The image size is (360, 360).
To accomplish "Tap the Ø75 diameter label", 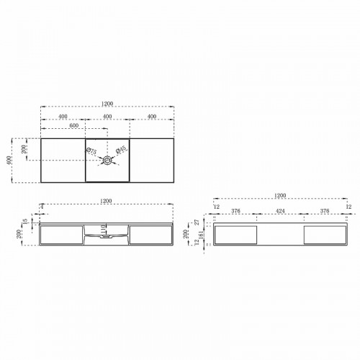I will coord(91,150).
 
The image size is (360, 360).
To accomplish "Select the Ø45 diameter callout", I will coord(122,150).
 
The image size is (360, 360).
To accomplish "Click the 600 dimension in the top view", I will coord(73,127).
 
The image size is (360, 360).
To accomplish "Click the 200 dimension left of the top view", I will coord(26,149).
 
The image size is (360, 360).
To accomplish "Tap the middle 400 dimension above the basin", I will coord(107,117).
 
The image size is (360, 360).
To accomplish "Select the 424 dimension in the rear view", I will coord(281,212).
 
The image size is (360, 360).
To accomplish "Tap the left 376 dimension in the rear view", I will coord(235,212).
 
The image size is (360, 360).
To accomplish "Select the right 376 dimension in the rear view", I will coord(325,212).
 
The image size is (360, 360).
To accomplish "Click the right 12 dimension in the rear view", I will coord(348,207).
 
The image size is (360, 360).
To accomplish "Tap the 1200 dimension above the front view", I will coord(107,200).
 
